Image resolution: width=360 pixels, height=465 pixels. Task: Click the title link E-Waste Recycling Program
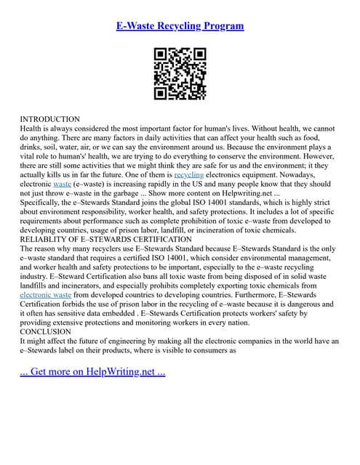(180, 26)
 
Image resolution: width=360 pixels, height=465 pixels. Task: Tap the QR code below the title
(180, 73)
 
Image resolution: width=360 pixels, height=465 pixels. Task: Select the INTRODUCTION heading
(49, 118)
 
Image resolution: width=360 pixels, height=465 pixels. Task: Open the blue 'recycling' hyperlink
(189, 175)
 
